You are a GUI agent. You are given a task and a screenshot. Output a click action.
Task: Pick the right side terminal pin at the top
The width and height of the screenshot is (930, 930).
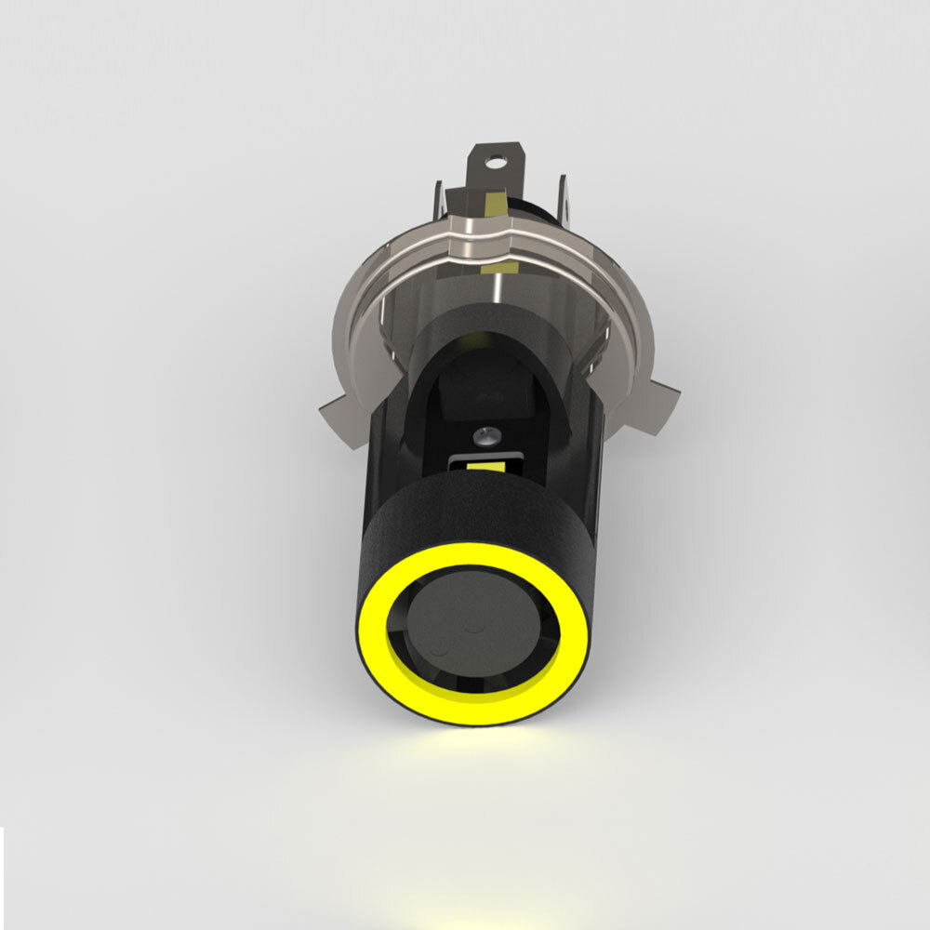tap(564, 198)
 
